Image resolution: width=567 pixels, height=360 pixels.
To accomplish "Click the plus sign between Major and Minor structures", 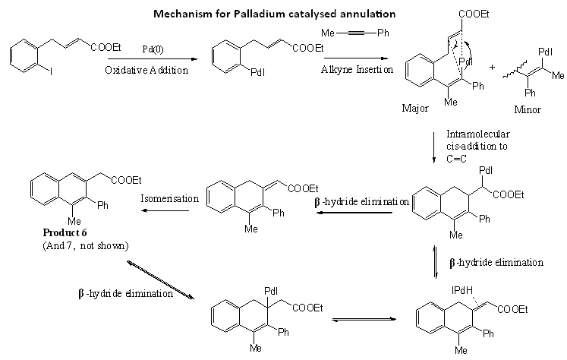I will coord(492,67).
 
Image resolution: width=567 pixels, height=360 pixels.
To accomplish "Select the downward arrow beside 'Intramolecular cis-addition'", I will coord(434,148).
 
